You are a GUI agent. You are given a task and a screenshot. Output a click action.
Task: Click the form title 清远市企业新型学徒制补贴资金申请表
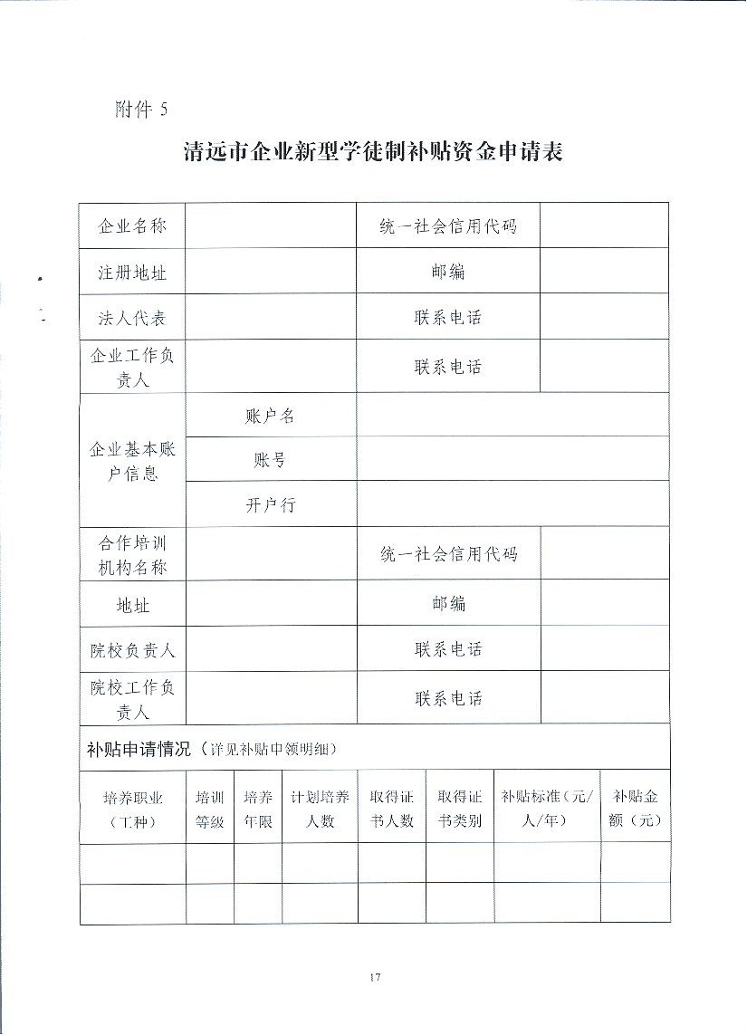pos(373,152)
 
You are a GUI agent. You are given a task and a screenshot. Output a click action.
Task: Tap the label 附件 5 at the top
pos(141,110)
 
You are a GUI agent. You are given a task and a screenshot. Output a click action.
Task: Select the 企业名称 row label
pos(132,225)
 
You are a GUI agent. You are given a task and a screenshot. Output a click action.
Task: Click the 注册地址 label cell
pos(132,272)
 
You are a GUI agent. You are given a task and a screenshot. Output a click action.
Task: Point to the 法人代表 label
pos(132,318)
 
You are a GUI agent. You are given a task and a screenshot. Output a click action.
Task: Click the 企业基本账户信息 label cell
pos(132,461)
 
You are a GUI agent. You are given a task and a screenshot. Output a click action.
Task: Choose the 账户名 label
pos(270,416)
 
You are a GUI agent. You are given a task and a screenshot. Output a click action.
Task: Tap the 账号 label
pos(270,460)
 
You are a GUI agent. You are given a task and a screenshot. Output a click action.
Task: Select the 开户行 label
pos(270,505)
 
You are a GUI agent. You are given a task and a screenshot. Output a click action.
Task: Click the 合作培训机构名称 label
pos(132,556)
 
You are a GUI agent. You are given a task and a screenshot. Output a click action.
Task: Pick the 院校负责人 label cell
pos(132,649)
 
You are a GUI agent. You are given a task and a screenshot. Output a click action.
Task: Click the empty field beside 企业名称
pos(270,225)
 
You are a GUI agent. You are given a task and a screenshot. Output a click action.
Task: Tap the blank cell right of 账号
pos(512,459)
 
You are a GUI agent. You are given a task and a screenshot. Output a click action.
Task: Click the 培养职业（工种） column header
pos(132,809)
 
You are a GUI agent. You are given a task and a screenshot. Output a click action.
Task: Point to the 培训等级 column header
pos(210,809)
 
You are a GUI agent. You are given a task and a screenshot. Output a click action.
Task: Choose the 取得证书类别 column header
pos(459,809)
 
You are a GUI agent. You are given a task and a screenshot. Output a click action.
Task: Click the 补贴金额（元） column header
pos(636,809)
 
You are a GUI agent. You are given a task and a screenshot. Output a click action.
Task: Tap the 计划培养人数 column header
pos(320,809)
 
